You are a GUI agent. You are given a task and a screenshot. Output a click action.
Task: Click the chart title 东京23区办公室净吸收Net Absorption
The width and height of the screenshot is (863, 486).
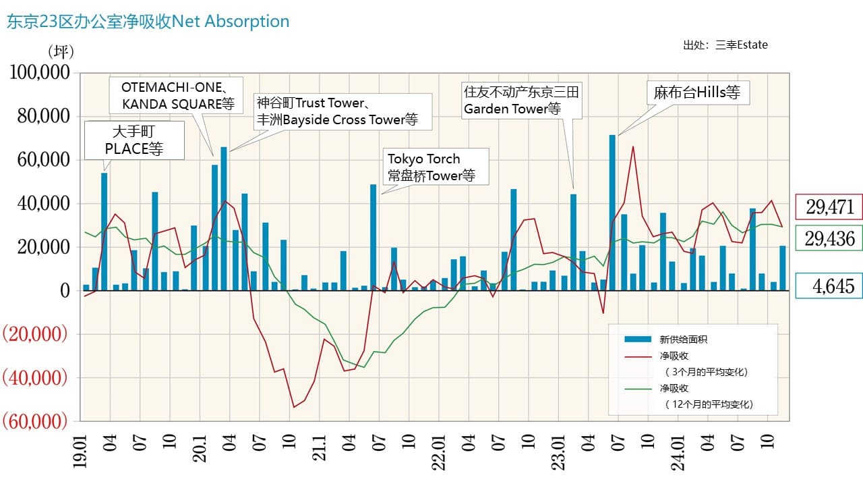coord(148,22)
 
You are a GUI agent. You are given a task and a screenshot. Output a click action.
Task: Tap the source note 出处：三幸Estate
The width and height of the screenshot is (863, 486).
coord(725,45)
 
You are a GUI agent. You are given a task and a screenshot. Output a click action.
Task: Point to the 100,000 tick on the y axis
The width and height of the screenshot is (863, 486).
coord(39,73)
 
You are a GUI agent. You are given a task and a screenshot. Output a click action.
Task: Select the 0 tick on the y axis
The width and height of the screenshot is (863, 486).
coord(65,290)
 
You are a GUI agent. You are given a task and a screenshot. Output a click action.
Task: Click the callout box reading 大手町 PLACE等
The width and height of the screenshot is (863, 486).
coord(134,140)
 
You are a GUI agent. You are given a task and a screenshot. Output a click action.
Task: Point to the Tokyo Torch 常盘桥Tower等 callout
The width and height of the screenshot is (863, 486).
coord(436,167)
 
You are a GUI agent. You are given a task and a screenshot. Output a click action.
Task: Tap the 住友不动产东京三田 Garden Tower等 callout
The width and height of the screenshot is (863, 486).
coord(520,101)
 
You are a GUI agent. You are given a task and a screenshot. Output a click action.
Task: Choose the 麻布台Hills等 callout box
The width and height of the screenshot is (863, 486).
coord(697,92)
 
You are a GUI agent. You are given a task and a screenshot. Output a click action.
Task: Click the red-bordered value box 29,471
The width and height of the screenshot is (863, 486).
coord(829,207)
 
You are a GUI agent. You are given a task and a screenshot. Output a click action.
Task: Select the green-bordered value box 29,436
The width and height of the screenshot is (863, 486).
coord(829,238)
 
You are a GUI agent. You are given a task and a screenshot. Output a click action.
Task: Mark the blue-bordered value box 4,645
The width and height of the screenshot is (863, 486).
coord(829,286)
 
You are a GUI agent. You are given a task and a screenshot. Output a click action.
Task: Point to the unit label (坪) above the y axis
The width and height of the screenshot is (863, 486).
coord(61,51)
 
